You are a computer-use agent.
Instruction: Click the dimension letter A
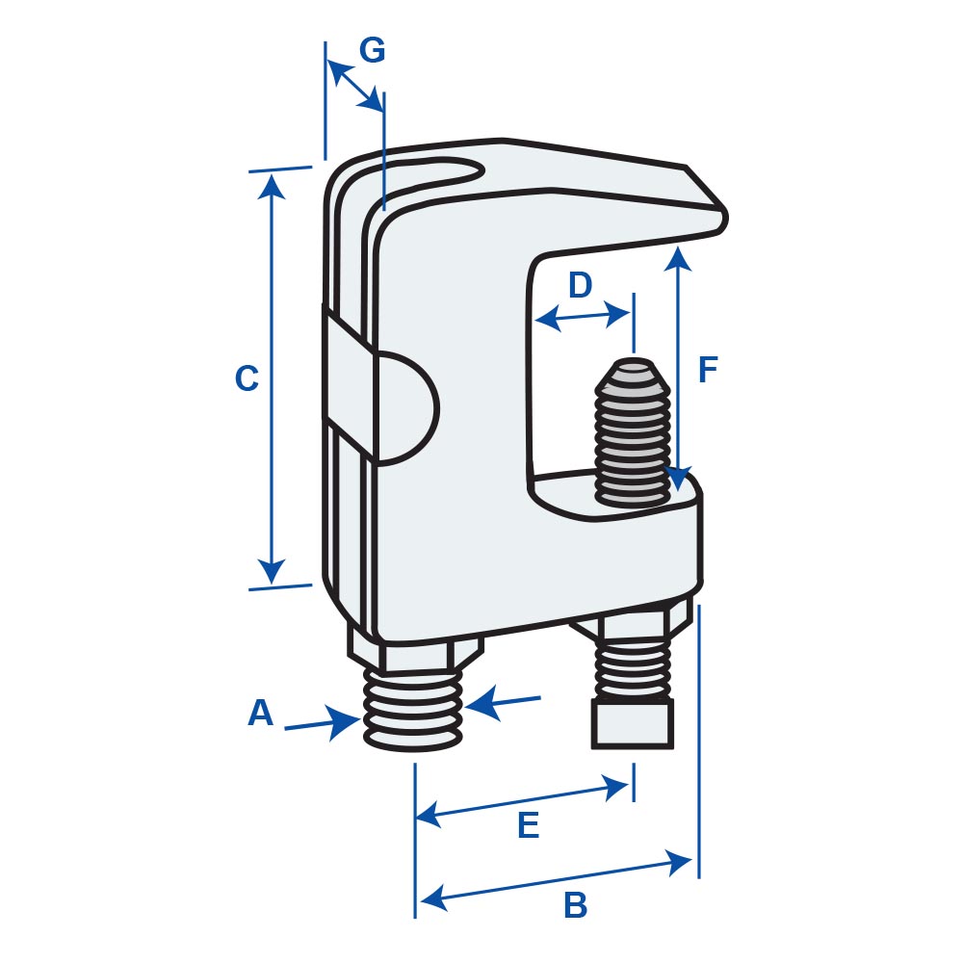click(x=260, y=713)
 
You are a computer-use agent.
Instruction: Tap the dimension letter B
click(x=576, y=904)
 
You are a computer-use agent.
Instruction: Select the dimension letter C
click(x=247, y=377)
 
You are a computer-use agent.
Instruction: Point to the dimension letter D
click(x=580, y=285)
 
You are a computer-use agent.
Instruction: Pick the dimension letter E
click(x=528, y=825)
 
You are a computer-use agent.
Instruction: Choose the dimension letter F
click(x=708, y=369)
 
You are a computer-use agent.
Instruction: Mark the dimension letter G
click(x=372, y=50)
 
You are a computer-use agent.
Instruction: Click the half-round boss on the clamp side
click(x=407, y=407)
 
